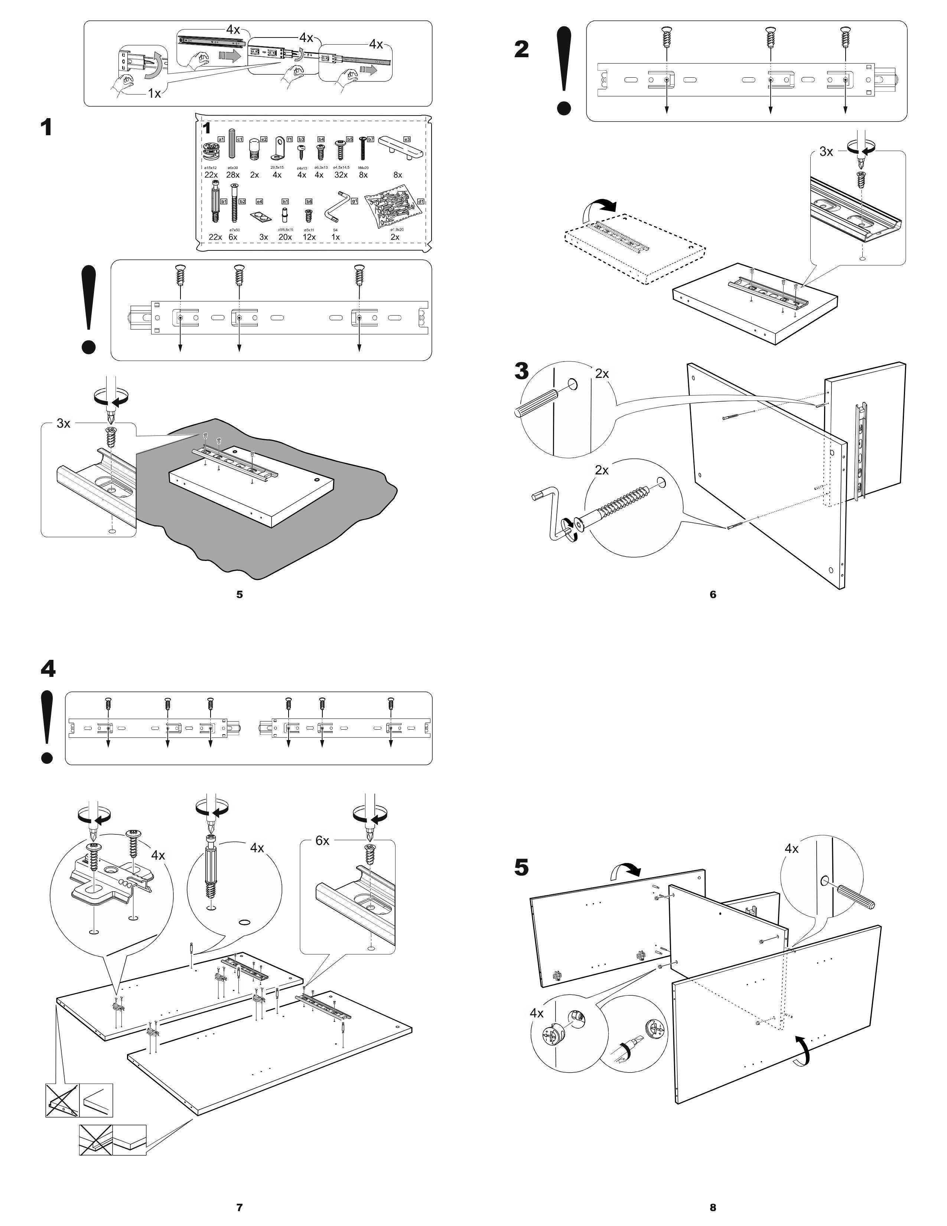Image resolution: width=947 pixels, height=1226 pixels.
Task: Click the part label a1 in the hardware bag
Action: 221,139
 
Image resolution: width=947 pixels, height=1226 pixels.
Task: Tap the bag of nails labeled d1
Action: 393,212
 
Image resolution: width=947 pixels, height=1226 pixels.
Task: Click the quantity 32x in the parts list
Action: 341,175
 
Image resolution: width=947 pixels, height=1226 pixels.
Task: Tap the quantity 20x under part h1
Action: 285,237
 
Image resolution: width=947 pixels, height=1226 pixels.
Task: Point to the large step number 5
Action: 521,867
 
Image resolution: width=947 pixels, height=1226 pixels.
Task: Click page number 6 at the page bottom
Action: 713,594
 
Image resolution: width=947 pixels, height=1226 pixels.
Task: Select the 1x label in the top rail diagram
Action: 154,94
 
